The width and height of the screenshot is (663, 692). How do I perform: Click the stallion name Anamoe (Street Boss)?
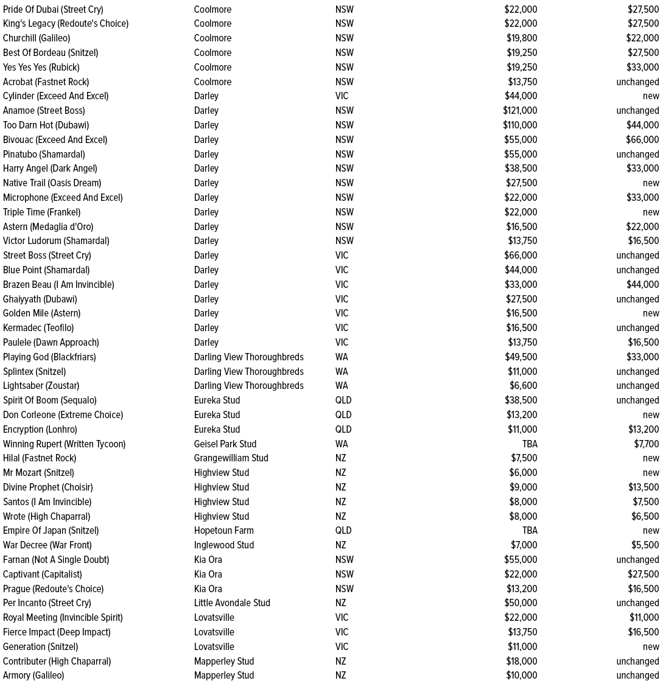point(44,111)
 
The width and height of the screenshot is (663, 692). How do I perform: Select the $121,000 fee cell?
point(520,111)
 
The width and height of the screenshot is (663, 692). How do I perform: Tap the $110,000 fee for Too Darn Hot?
point(520,125)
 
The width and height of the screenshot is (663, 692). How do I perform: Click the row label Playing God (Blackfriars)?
point(49,357)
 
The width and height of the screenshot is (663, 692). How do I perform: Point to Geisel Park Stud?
point(225,444)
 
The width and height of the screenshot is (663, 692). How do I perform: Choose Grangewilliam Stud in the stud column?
point(231,458)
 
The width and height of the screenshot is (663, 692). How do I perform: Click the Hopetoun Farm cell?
point(224,531)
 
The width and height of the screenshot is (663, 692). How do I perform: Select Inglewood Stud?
point(224,545)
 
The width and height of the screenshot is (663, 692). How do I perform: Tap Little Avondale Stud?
point(232,603)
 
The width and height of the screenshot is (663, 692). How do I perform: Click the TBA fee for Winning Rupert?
point(530,444)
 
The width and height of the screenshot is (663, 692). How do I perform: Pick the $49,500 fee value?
point(521,357)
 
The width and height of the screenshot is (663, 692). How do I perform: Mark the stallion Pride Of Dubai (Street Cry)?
point(53,10)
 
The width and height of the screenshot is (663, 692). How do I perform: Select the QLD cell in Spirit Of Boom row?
point(343,400)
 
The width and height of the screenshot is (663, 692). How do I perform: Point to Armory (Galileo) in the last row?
point(33,676)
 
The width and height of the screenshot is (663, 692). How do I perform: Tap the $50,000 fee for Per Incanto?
point(521,603)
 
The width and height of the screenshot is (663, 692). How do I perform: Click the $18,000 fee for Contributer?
point(522,662)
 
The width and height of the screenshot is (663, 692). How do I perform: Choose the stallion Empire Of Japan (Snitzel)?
point(51,531)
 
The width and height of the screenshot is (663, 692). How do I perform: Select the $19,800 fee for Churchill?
point(522,38)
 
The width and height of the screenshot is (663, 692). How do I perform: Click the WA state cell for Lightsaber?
point(342,386)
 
